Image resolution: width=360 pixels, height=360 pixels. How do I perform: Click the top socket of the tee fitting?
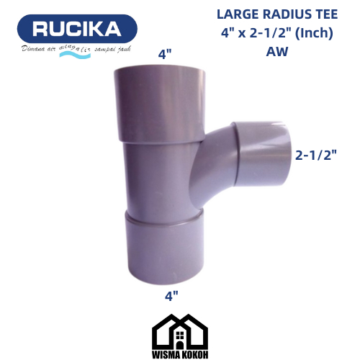[x=158, y=101]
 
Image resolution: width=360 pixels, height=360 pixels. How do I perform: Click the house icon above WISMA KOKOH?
[x=180, y=330]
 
